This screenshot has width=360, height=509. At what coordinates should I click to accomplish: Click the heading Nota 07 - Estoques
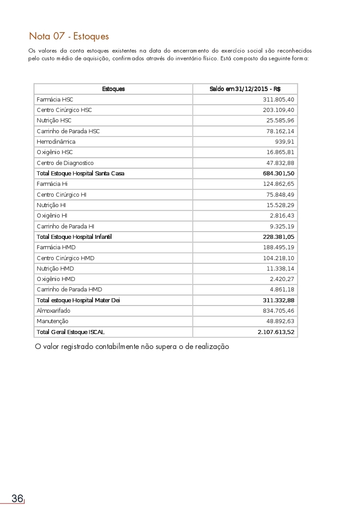69,36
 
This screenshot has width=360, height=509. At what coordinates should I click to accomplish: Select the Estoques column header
113,89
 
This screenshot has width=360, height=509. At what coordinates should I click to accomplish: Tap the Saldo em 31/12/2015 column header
245,89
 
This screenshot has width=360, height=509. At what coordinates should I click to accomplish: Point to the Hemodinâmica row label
56,141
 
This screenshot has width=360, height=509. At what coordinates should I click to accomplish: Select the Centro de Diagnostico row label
65,163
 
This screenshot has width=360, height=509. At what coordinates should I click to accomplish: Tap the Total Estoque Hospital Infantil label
74,237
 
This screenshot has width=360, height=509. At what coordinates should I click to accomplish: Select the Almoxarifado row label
54,310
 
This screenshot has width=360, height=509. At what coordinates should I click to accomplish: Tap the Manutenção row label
53,321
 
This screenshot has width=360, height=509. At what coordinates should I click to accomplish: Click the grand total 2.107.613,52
276,332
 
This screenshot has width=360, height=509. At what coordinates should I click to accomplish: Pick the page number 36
17,499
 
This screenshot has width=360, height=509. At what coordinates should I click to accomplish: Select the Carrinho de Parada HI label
65,226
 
